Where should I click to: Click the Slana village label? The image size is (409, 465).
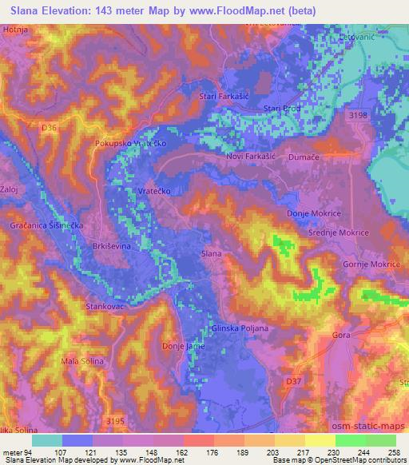(x=211, y=253)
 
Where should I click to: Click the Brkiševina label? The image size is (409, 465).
(x=112, y=246)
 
